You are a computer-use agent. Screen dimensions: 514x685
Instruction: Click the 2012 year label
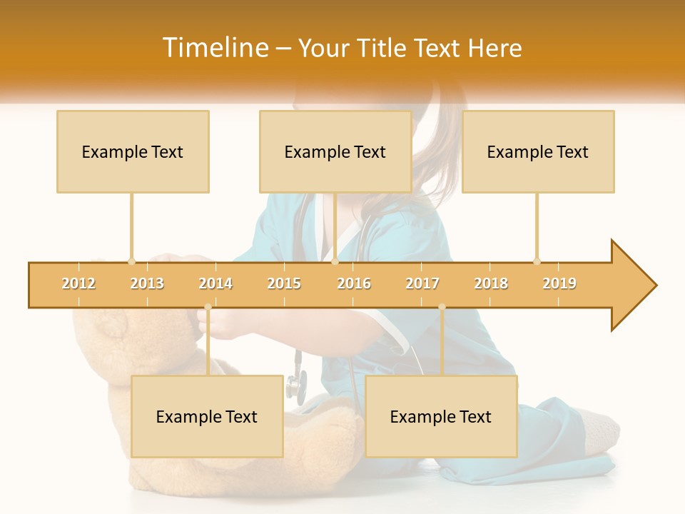(x=78, y=283)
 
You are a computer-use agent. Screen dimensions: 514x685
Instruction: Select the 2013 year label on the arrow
(x=147, y=283)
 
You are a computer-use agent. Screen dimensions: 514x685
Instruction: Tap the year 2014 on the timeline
(x=215, y=283)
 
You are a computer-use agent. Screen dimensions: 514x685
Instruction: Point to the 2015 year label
(x=284, y=283)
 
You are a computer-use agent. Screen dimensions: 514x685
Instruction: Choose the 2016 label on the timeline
(x=354, y=283)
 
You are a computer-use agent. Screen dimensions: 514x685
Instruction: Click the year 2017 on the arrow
(x=422, y=283)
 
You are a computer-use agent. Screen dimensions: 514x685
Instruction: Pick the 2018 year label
(x=491, y=283)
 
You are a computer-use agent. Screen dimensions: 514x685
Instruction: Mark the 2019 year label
(x=559, y=283)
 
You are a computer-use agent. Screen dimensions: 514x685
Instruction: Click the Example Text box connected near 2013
(x=133, y=151)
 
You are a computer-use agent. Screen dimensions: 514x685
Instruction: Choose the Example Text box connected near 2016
(x=335, y=151)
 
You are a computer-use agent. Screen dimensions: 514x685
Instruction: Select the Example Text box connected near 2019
(x=538, y=151)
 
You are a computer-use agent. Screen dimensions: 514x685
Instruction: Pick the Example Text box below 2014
(x=207, y=416)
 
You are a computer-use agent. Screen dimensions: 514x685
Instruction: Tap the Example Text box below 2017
(x=441, y=416)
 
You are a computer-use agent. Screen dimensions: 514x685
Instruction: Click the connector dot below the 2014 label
(x=208, y=307)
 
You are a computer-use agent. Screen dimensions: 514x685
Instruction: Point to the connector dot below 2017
(x=442, y=307)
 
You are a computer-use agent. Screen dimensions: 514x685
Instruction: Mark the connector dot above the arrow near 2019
(x=537, y=261)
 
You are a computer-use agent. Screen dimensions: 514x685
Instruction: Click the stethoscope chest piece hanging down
(x=295, y=385)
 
